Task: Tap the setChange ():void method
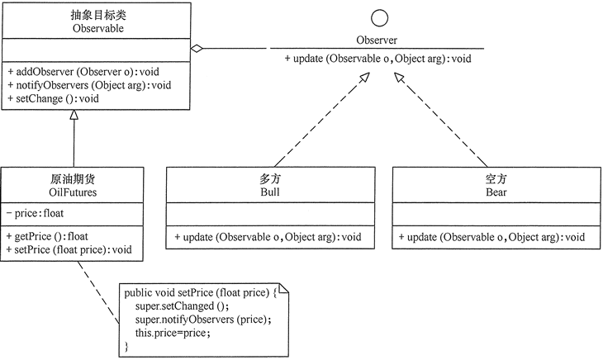53,98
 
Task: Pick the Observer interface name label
377,40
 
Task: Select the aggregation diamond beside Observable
197,49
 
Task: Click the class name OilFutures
74,193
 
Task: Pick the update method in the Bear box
493,238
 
